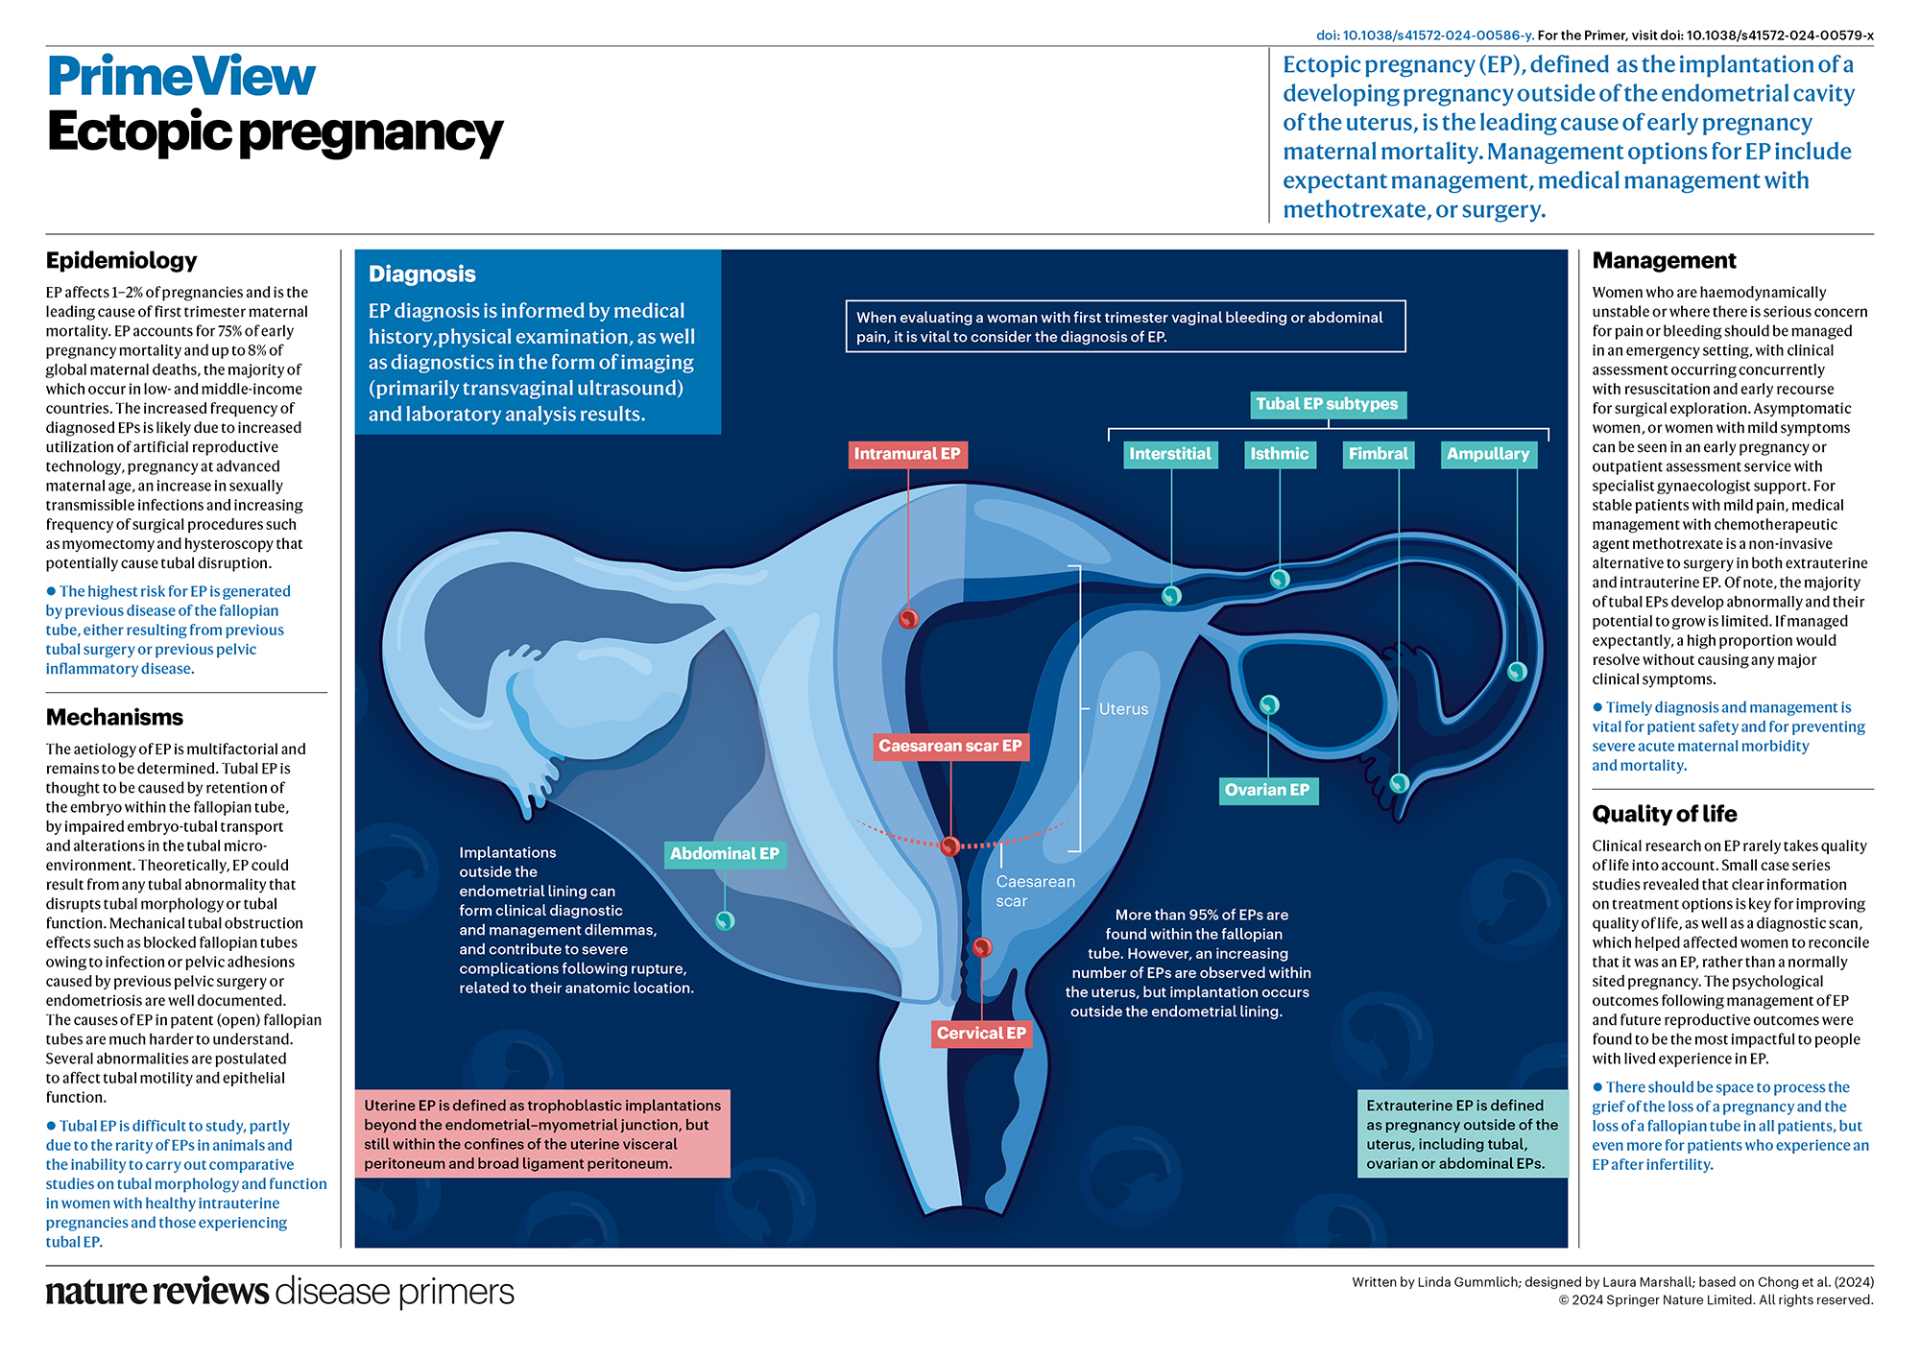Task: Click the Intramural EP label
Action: point(907,454)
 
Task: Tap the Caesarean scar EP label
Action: point(950,746)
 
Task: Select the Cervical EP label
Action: point(981,1033)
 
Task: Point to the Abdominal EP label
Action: point(725,853)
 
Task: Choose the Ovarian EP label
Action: point(1266,790)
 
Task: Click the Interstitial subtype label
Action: point(1170,454)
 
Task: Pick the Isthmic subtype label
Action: point(1279,454)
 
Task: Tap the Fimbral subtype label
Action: point(1378,454)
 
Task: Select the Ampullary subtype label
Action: point(1488,454)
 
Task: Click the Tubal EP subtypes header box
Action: point(1327,404)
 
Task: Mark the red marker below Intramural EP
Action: point(908,619)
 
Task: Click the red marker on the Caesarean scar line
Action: point(949,845)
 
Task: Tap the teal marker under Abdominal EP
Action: point(725,920)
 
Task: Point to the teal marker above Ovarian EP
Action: point(1269,704)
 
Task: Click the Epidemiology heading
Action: point(121,260)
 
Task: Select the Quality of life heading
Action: point(1664,814)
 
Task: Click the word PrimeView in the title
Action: point(181,77)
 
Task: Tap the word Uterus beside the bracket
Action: point(1123,709)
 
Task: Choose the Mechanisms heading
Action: point(114,717)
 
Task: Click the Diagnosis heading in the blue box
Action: point(421,274)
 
